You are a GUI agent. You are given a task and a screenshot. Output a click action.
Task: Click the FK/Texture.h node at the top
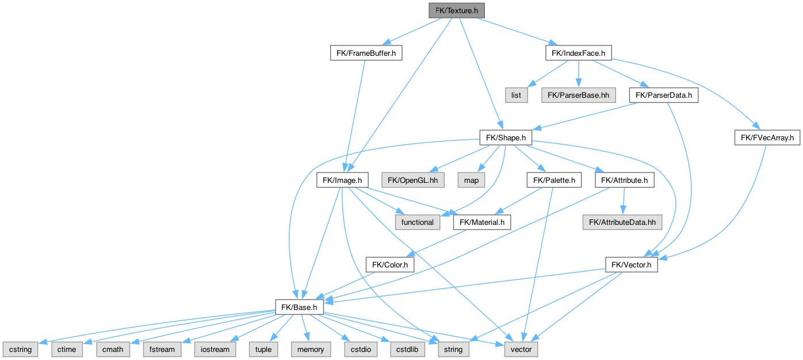pos(457,10)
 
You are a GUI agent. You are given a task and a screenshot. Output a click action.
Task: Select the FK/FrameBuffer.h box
pos(366,53)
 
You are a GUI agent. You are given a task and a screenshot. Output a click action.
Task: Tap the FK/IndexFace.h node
pos(578,53)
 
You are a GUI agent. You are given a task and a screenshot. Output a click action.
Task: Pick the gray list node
pos(517,95)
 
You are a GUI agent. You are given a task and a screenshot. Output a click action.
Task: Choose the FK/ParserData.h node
pos(664,95)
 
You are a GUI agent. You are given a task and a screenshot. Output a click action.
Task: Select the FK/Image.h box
pos(342,180)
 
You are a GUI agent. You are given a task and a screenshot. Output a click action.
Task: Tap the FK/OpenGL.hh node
pos(412,180)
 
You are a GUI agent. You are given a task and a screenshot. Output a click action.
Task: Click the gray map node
pos(471,180)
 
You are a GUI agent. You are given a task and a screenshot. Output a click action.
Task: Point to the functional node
pos(418,222)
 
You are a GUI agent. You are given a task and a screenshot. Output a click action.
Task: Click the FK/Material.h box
pos(482,222)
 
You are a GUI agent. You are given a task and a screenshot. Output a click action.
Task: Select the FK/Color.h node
pos(389,265)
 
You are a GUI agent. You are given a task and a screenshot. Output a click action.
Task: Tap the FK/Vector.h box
pos(631,265)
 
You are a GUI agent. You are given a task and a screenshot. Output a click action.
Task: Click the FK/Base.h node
pos(299,307)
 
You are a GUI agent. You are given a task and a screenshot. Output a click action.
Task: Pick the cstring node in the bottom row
pos(20,349)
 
